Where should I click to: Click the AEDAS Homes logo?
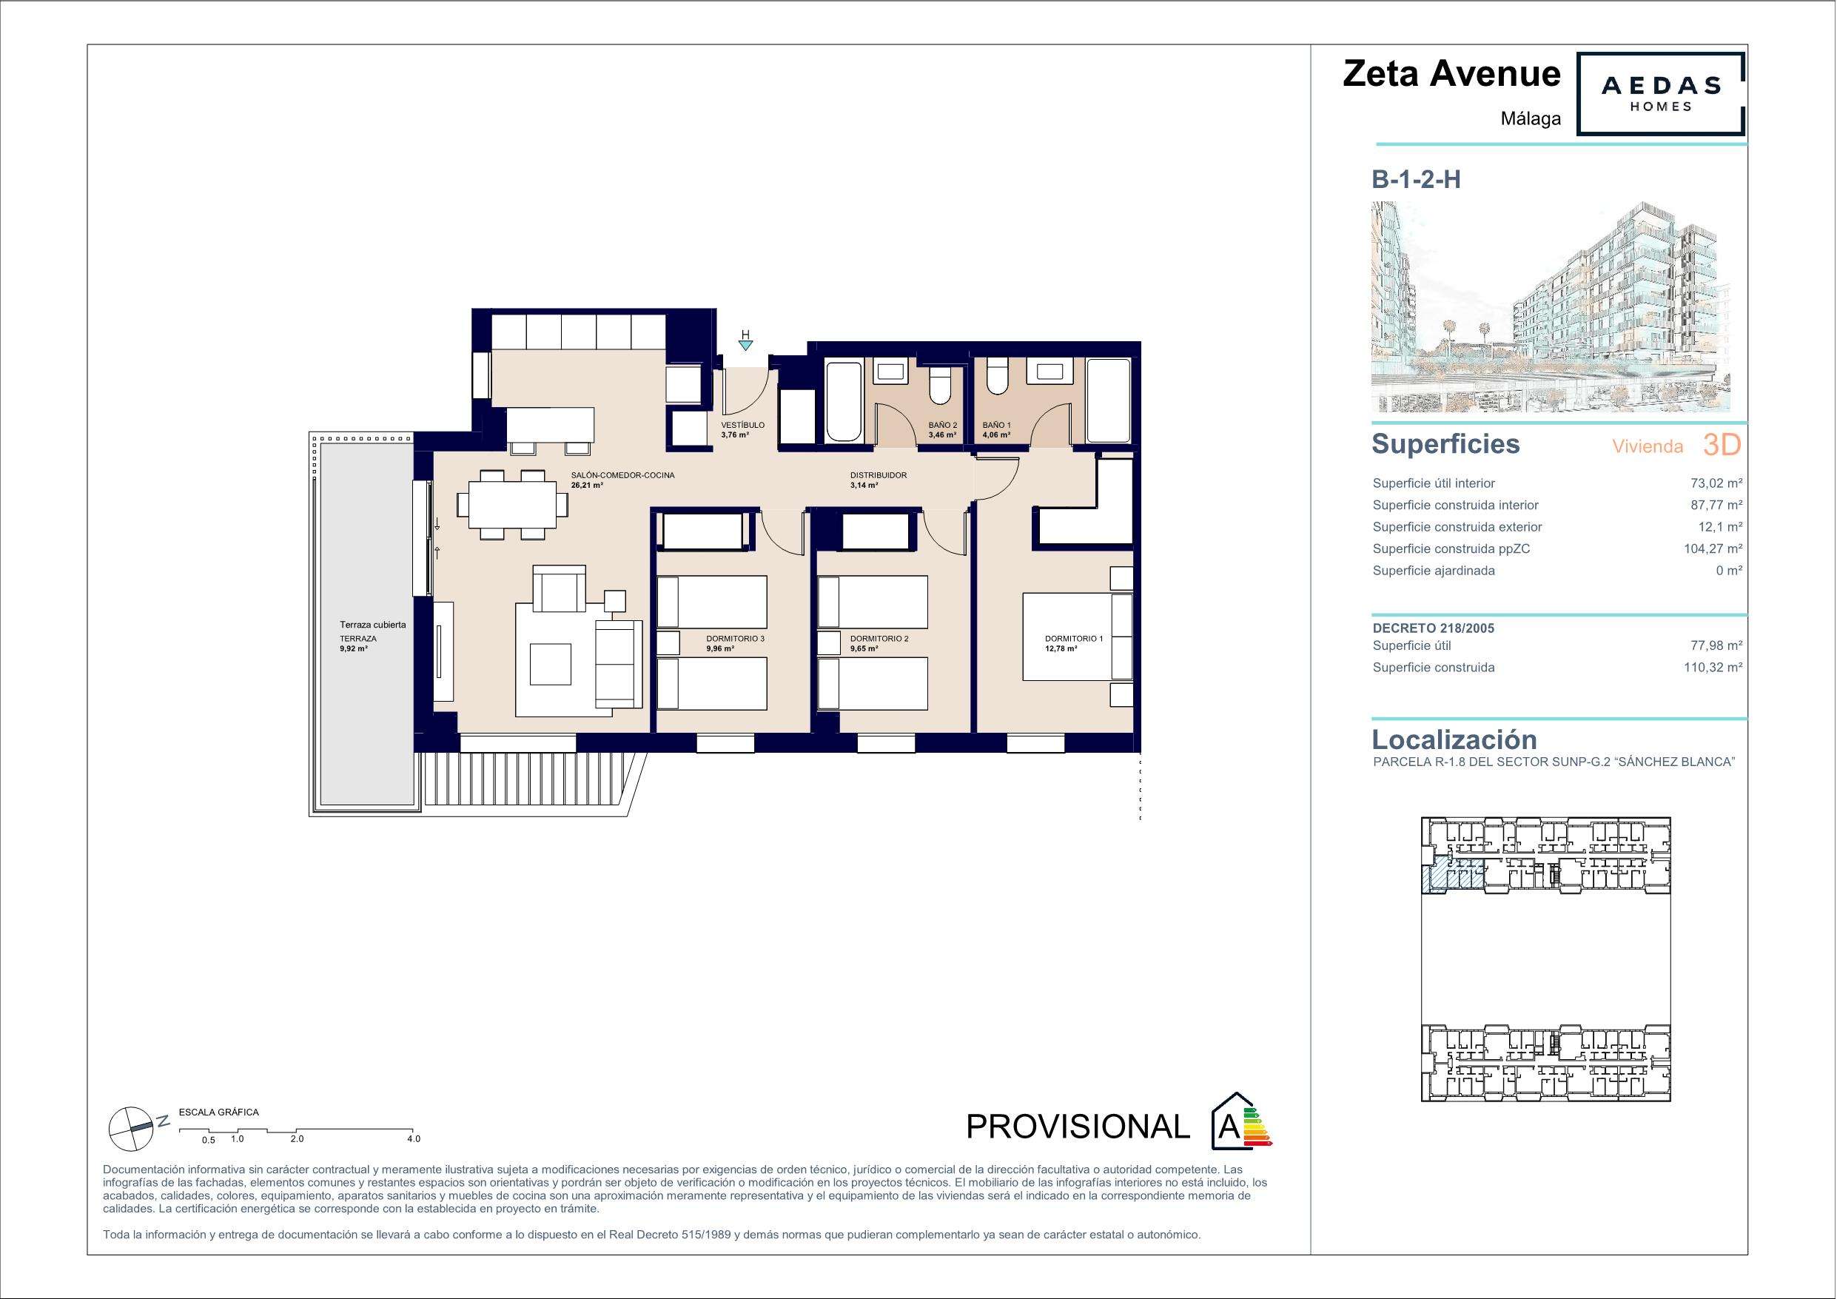1659,94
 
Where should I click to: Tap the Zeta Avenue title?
1451,73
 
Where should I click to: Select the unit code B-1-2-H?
1416,180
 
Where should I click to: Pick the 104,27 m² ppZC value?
1713,549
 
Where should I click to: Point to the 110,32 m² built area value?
1713,668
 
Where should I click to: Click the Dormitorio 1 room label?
1074,639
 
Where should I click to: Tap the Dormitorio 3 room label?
735,639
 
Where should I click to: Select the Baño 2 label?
942,425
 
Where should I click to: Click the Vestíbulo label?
742,425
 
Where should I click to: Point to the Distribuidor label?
879,475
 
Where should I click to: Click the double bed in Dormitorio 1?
1078,637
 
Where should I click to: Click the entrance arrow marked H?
746,346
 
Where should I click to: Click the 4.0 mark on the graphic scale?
413,1139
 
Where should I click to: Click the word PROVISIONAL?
1078,1127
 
